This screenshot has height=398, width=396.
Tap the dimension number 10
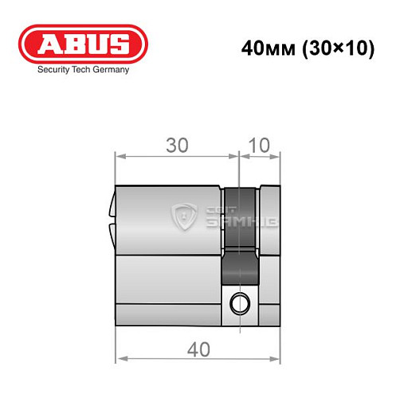pyautogui.click(x=260, y=146)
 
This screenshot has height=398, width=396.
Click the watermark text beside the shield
pyautogui.click(x=225, y=216)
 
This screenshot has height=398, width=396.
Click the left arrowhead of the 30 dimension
pyautogui.click(x=120, y=156)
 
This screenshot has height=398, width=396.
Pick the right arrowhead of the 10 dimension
pyautogui.click(x=280, y=156)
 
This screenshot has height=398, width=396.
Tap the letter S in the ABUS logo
pyautogui.click(x=118, y=45)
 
